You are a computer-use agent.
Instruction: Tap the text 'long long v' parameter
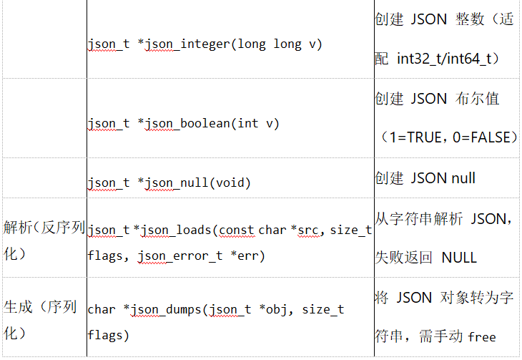[280, 44]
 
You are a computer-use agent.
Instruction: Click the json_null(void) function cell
[169, 183]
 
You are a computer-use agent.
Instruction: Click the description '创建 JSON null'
[425, 177]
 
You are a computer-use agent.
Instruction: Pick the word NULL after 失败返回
[458, 257]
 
